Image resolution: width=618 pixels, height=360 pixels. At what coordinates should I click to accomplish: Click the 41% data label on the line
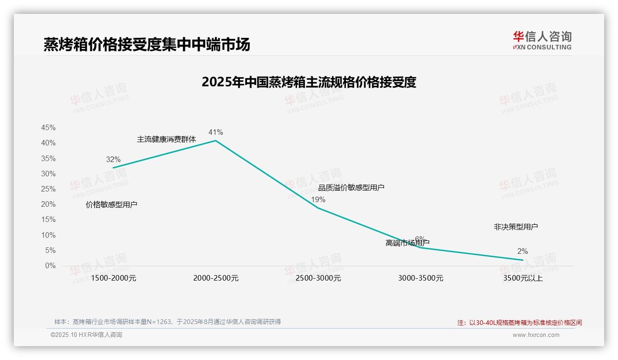pyautogui.click(x=215, y=132)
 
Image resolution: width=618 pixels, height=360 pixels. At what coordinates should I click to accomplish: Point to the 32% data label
pyautogui.click(x=113, y=160)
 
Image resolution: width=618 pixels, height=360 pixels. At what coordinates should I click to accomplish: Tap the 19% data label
pyautogui.click(x=318, y=200)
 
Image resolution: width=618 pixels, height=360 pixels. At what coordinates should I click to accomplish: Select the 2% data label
pyautogui.click(x=522, y=252)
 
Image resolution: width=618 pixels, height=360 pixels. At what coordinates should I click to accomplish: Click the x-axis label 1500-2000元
pyautogui.click(x=113, y=278)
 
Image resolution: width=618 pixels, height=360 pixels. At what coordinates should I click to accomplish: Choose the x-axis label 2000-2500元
pyautogui.click(x=216, y=278)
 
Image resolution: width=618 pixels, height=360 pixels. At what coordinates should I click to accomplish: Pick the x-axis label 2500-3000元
pyautogui.click(x=318, y=278)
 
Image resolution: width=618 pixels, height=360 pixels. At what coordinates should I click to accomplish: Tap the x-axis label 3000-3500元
pyautogui.click(x=421, y=278)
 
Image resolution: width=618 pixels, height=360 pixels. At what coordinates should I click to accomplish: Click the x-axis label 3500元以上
pyautogui.click(x=523, y=278)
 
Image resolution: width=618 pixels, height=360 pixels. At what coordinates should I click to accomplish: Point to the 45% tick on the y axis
pyautogui.click(x=48, y=128)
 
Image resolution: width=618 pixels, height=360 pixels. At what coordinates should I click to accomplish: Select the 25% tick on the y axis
pyautogui.click(x=48, y=189)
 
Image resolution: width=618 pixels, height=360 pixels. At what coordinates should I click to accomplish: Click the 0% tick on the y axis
pyautogui.click(x=50, y=266)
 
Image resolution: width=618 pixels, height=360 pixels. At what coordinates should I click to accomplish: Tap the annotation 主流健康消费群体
pyautogui.click(x=166, y=139)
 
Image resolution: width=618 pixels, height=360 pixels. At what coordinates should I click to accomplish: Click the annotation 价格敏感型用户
pyautogui.click(x=112, y=205)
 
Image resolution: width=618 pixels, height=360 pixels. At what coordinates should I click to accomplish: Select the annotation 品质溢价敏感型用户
pyautogui.click(x=351, y=187)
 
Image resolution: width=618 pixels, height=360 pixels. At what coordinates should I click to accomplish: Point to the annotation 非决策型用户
pyautogui.click(x=516, y=227)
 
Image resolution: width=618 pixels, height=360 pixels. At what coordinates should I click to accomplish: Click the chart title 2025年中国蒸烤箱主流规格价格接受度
pyautogui.click(x=309, y=82)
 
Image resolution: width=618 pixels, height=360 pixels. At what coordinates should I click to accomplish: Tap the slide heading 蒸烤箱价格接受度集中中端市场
pyautogui.click(x=147, y=45)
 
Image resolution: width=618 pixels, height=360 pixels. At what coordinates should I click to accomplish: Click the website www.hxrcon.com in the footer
pyautogui.click(x=536, y=335)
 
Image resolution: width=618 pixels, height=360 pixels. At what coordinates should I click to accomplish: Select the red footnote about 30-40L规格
pyautogui.click(x=519, y=323)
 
